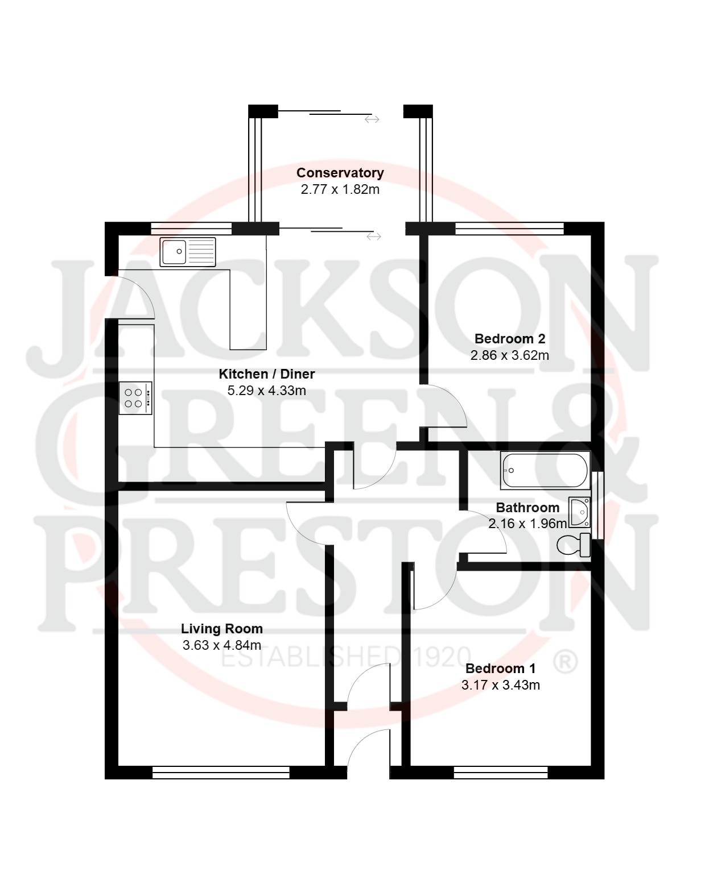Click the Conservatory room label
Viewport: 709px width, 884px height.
(340, 173)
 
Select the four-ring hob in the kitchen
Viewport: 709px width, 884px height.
(135, 398)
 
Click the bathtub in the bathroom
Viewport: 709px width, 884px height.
(545, 470)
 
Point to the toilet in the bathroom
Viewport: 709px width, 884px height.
(573, 545)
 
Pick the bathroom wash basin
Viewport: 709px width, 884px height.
(579, 512)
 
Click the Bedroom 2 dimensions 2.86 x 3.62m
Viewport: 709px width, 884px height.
(509, 355)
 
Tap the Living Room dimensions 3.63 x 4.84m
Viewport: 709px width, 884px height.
(222, 645)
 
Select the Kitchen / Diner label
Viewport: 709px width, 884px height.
(266, 374)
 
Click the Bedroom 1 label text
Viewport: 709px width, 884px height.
(501, 669)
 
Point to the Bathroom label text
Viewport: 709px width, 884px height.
(527, 507)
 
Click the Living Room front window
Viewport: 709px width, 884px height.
(221, 772)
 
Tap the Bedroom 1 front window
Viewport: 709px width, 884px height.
(501, 772)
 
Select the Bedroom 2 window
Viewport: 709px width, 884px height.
(509, 229)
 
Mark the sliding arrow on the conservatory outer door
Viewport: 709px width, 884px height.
(372, 119)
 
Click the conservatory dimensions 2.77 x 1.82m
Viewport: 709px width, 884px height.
(340, 189)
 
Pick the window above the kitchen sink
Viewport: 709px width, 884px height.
(191, 229)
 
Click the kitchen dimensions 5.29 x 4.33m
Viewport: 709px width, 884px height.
(266, 390)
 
